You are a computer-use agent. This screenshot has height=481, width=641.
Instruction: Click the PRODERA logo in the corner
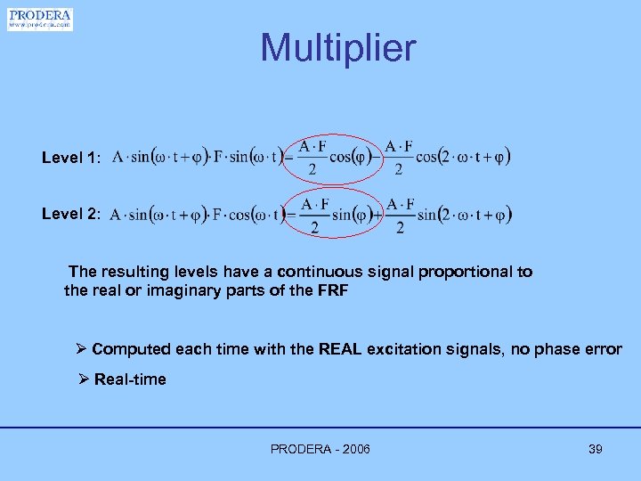40,19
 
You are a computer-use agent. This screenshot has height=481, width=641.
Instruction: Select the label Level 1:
71,158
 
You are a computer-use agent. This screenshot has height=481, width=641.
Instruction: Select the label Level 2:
71,215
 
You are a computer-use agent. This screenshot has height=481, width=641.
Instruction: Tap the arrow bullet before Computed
82,349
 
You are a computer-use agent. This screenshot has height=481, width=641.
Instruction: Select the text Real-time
130,379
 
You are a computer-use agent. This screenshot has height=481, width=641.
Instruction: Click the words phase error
580,349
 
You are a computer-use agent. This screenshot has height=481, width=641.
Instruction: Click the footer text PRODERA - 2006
320,449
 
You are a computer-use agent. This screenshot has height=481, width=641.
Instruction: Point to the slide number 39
596,449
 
